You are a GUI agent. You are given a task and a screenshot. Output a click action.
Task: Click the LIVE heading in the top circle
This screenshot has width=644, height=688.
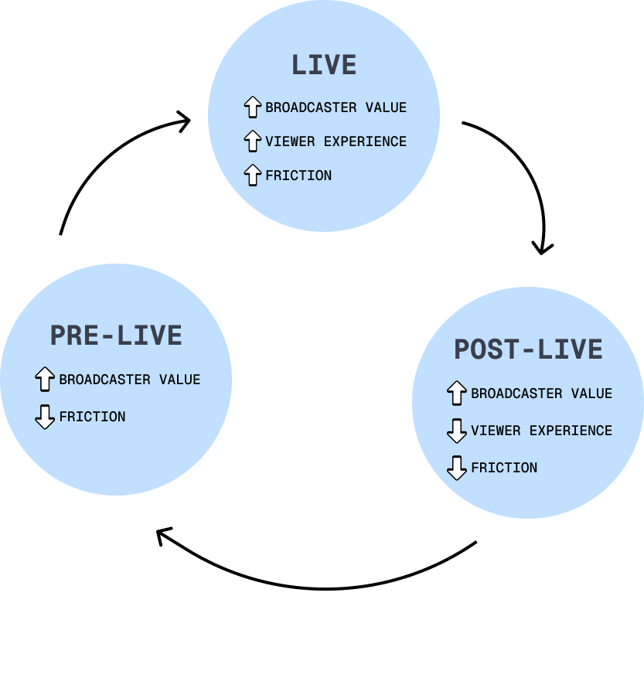324,65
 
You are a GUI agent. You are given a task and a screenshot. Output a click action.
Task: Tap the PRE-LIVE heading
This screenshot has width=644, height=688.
116,335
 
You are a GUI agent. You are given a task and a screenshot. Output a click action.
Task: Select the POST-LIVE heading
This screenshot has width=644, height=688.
528,349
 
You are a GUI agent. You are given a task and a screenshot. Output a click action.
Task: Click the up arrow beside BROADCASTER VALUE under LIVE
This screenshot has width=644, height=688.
252,107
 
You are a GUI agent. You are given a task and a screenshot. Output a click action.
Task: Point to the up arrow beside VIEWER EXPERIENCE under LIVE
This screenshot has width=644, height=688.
252,141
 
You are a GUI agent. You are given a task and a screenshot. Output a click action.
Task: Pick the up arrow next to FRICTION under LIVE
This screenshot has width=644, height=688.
252,175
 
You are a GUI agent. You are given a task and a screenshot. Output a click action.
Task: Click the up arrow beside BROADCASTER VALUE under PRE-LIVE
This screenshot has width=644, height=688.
45,380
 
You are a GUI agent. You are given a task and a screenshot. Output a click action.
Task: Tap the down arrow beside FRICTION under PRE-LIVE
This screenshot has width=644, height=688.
45,417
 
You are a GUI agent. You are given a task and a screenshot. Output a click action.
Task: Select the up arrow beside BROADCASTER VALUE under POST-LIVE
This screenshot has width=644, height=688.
457,393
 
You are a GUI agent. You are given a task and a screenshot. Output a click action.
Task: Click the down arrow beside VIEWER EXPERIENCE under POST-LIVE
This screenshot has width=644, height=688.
457,431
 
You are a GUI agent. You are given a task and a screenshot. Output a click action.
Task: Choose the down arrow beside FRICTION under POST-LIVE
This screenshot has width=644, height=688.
457,468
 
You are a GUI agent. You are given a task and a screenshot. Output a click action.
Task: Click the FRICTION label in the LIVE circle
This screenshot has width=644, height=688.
298,175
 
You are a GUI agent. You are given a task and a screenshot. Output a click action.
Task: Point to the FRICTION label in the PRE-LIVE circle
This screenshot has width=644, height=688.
92,417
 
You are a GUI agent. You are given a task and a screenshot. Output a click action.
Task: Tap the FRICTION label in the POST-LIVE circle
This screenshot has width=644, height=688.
504,468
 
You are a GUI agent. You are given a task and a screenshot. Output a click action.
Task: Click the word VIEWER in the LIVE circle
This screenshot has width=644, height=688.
290,141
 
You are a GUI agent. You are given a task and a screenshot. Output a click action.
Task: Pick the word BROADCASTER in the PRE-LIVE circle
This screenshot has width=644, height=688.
104,380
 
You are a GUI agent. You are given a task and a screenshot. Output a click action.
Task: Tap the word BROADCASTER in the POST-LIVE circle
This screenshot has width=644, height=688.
516,393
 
